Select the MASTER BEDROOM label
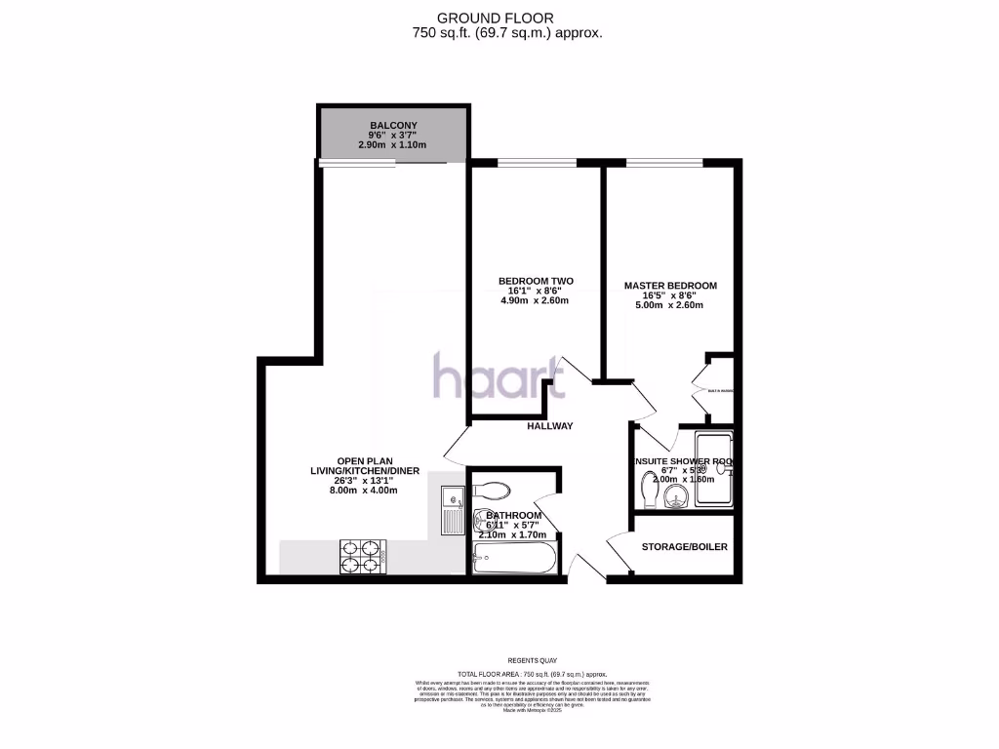click(670, 286)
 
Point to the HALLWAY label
click(550, 426)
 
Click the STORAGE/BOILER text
click(684, 547)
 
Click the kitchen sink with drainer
click(452, 511)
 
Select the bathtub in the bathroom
click(513, 559)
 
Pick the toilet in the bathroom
click(492, 489)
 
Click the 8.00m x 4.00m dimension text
click(365, 491)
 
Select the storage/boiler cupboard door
click(619, 553)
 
